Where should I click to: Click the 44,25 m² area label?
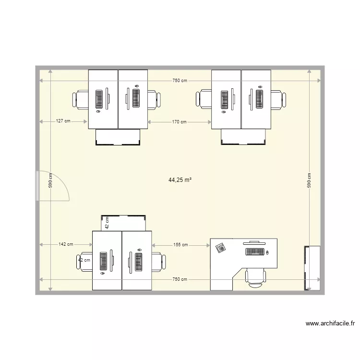[180, 180]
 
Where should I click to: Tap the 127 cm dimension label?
[63, 121]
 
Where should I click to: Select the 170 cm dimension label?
[180, 122]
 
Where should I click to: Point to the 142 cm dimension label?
[66, 244]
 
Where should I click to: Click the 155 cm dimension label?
[180, 245]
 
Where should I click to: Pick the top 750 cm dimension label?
[180, 81]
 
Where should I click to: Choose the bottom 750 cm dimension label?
[180, 279]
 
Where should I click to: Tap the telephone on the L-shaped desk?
[221, 248]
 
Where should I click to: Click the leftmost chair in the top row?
[80, 99]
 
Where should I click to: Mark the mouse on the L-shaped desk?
[268, 252]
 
